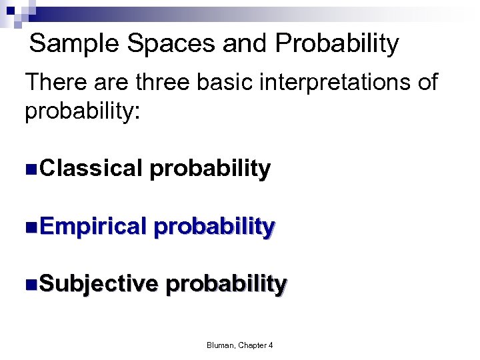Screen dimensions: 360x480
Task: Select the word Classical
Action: click(91, 169)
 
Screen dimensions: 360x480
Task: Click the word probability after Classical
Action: click(210, 169)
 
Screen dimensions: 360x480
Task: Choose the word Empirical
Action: click(93, 227)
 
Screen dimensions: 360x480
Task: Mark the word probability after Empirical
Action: click(214, 227)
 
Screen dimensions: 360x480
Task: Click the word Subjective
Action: click(99, 284)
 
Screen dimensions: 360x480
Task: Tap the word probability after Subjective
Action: click(226, 284)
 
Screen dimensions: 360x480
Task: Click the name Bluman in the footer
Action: click(221, 345)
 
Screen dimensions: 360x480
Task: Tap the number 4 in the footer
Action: click(271, 345)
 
